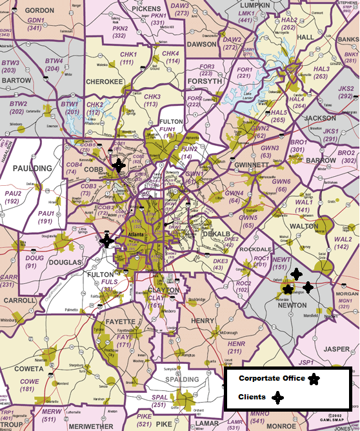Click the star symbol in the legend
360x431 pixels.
pyautogui.click(x=314, y=379)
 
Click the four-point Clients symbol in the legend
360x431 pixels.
pyautogui.click(x=278, y=397)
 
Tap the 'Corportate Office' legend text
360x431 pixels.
pyautogui.click(x=271, y=379)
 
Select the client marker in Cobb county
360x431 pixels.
pyautogui.click(x=118, y=165)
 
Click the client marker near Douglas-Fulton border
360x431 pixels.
pyautogui.click(x=107, y=241)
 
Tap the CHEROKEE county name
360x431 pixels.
pyautogui.click(x=104, y=82)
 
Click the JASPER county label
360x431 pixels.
pyautogui.click(x=335, y=349)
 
